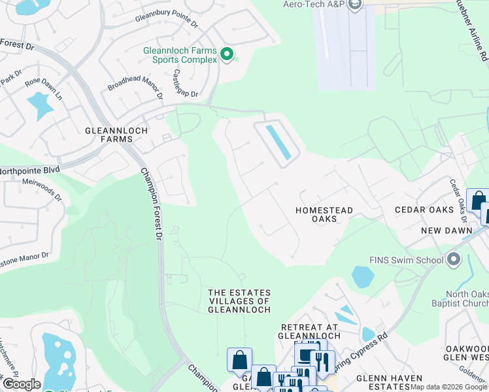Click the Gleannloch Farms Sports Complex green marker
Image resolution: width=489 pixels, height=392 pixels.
click(x=227, y=54)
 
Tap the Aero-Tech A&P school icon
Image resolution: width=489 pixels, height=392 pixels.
click(x=355, y=6)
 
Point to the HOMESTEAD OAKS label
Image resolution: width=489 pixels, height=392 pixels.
click(x=324, y=214)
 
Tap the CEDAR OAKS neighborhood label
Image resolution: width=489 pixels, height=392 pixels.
click(x=424, y=210)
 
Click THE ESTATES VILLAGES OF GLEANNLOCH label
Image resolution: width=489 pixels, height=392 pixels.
click(x=239, y=301)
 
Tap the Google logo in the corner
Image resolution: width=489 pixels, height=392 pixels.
click(x=21, y=385)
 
